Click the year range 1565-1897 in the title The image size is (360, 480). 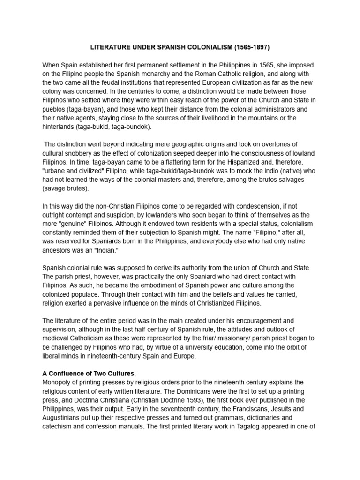[251, 47]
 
